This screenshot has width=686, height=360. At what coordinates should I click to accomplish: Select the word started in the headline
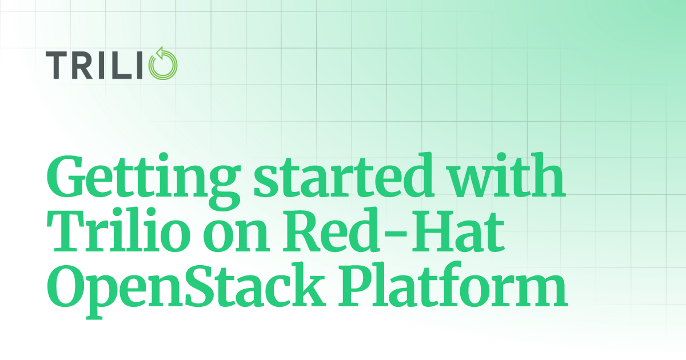click(343, 175)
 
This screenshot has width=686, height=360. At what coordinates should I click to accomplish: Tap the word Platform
click(453, 284)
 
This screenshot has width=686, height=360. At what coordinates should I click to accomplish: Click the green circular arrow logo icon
click(163, 63)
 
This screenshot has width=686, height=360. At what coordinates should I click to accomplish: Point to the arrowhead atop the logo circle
click(160, 53)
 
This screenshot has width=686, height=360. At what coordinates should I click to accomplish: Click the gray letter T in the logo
click(56, 65)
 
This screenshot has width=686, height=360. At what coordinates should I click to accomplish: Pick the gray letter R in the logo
click(82, 65)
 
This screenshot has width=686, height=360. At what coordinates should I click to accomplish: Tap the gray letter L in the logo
click(121, 65)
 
